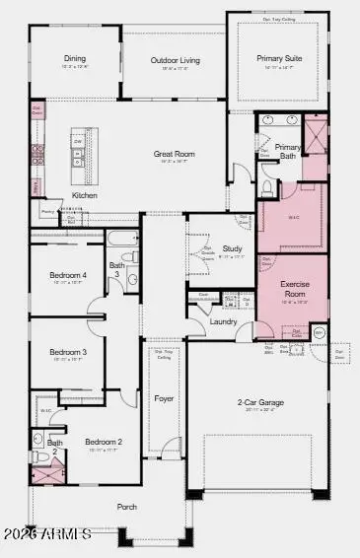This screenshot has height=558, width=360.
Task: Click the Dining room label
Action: (75, 58)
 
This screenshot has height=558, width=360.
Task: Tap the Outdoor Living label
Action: (176, 60)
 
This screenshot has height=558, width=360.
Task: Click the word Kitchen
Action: (85, 195)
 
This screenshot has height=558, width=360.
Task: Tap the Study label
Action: (233, 248)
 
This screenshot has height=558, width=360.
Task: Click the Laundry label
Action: (223, 321)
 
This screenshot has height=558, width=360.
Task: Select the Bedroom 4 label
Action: (69, 275)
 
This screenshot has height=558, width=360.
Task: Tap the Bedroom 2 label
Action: (103, 442)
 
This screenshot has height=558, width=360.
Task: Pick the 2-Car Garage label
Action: (257, 402)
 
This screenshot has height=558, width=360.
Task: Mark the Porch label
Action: (126, 507)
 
